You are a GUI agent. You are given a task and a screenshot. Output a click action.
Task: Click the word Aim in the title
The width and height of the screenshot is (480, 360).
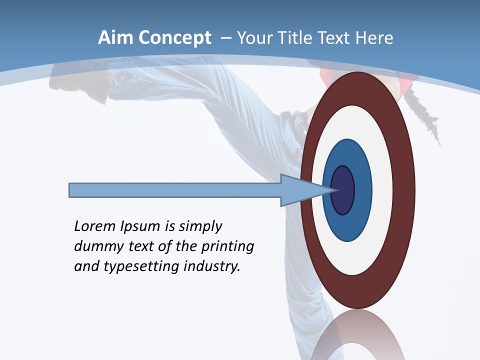(x=116, y=38)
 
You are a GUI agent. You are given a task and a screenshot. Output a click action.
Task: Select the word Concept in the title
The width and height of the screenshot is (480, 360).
(x=174, y=38)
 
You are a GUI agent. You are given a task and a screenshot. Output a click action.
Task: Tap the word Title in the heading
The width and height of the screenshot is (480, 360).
(x=295, y=38)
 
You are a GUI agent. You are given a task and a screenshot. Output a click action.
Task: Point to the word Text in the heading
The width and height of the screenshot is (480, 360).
(x=334, y=38)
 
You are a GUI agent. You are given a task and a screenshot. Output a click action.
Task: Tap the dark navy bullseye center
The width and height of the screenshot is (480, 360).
(x=343, y=190)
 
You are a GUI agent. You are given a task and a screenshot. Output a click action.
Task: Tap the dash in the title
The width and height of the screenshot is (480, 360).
(x=225, y=38)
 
